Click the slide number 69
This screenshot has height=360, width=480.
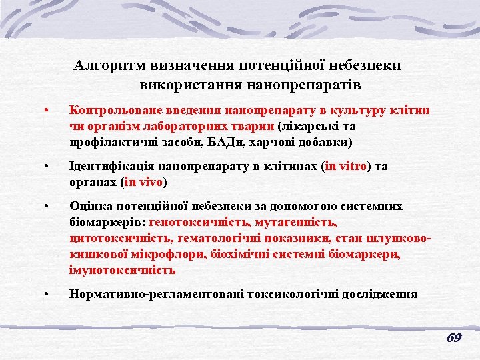454,338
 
